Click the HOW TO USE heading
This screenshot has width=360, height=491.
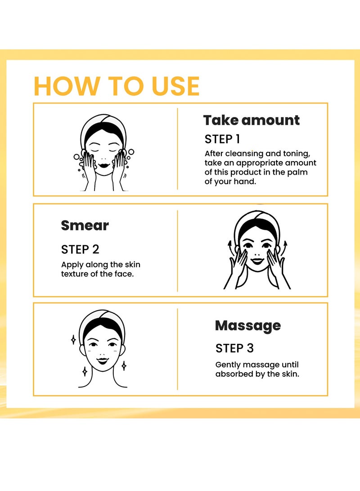[117, 86]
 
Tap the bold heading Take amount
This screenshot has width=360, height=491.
[252, 120]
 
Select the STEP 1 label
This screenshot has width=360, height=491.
[222, 139]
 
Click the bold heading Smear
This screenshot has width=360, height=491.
[85, 225]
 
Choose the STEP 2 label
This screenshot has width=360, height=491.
[80, 250]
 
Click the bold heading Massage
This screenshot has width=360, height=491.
[248, 326]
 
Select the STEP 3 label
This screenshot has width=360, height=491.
[234, 348]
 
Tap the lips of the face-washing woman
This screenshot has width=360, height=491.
[103, 165]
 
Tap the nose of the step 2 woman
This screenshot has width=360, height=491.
[257, 254]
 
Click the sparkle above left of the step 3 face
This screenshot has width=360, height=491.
[73, 340]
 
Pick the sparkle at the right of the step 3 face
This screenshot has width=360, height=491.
[124, 366]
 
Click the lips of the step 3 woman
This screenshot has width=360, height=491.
[102, 360]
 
